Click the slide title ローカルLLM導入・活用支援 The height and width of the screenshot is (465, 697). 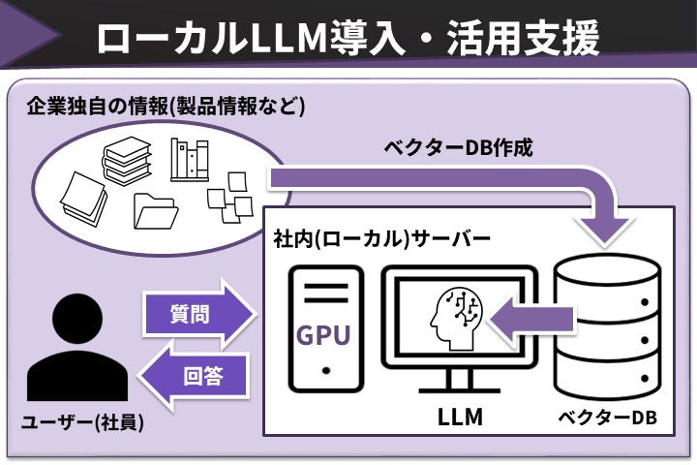pos(348,36)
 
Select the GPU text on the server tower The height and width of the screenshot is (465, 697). pos(323,335)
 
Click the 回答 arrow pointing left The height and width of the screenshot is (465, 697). pos(197,376)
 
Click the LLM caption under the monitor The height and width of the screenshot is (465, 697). pos(461,418)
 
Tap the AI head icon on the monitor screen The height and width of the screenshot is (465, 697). pos(452,318)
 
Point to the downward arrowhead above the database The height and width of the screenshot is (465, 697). pos(608,229)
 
